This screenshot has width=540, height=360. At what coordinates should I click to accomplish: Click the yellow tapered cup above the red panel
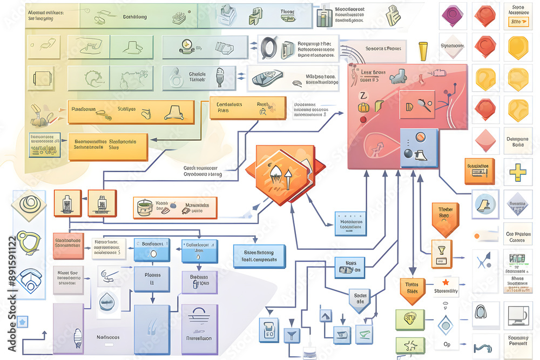click(x=423, y=52)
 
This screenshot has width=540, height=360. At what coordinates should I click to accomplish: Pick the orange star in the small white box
click(x=446, y=282)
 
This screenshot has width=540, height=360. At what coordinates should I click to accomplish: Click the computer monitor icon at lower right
click(x=517, y=314)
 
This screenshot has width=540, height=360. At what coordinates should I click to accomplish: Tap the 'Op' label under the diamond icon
click(x=446, y=344)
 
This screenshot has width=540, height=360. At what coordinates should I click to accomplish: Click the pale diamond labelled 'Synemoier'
click(x=453, y=46)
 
